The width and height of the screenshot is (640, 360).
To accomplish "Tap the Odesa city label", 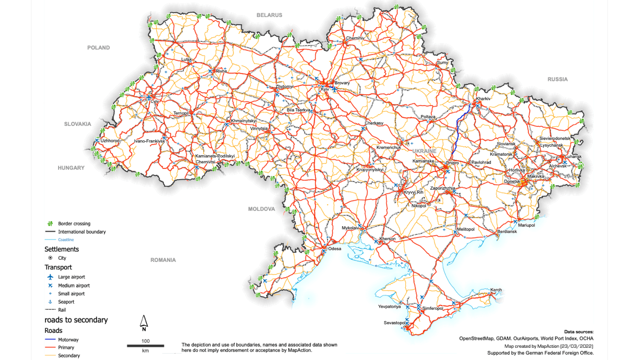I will (x=334, y=249).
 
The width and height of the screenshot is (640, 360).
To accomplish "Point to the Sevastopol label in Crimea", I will (x=395, y=323).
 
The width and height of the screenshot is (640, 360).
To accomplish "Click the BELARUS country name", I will (x=269, y=15).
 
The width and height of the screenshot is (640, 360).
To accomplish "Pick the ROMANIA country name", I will (x=163, y=260).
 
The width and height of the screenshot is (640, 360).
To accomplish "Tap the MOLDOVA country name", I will (x=261, y=209).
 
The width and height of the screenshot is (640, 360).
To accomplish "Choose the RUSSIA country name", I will (x=557, y=79).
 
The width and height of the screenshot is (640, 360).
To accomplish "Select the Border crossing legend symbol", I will (x=50, y=224).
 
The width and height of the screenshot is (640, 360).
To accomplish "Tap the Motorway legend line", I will (x=51, y=340).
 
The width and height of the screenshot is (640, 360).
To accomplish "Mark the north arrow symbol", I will (x=143, y=322).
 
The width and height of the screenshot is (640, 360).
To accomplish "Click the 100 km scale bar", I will (x=145, y=346).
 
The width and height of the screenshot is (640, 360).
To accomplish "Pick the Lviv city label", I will (x=155, y=101).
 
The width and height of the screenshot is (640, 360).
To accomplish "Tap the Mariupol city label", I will (x=526, y=226).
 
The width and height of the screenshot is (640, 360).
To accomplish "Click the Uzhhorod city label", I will (x=110, y=140).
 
